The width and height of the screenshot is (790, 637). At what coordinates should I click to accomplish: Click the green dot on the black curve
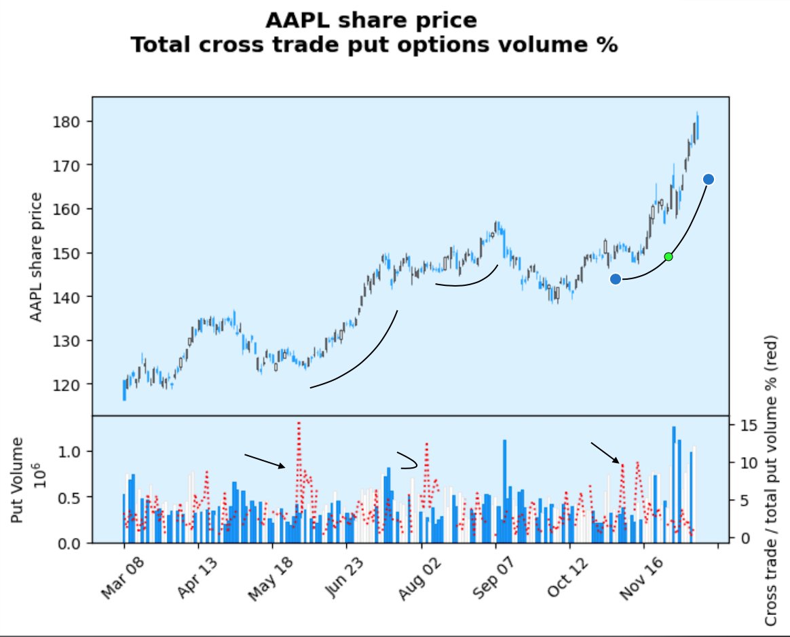669,256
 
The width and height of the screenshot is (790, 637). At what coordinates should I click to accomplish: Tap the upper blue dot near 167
708,179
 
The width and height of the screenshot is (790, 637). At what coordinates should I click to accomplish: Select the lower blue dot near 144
616,279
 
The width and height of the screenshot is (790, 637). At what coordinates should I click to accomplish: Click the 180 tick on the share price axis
71,122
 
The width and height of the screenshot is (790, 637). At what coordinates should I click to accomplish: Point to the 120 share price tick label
71,384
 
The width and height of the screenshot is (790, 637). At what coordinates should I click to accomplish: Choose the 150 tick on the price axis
71,253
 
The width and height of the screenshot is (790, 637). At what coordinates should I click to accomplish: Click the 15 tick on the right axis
743,425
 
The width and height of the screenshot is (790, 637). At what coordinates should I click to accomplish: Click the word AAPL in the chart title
295,20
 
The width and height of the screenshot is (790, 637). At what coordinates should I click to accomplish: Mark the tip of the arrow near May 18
286,467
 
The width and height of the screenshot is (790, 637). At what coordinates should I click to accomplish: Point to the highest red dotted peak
299,422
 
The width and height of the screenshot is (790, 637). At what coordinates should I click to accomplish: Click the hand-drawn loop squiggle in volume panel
407,461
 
